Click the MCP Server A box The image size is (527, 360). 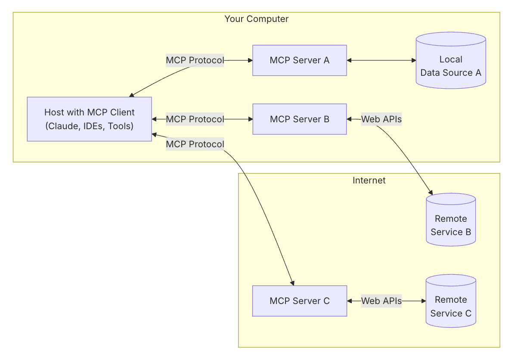[x=300, y=60]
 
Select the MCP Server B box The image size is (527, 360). [x=300, y=119]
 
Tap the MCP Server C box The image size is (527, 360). [x=300, y=301]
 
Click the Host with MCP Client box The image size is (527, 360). [x=90, y=119]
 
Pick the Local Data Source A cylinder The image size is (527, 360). [x=451, y=60]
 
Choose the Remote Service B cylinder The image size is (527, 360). [x=451, y=220]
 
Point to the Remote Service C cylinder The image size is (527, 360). [x=451, y=301]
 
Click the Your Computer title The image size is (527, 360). [x=257, y=19]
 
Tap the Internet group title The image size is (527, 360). [x=369, y=180]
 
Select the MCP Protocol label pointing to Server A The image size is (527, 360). [x=195, y=60]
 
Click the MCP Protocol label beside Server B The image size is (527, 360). [x=195, y=119]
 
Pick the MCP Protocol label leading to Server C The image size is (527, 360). [x=195, y=144]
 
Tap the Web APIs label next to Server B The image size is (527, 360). [x=381, y=119]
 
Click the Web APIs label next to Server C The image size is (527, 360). [x=381, y=301]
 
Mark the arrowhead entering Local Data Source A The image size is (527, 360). [x=414, y=60]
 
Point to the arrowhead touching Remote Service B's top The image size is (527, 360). [x=430, y=192]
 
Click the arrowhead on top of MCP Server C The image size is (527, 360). [x=292, y=283]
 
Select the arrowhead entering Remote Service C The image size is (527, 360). [x=424, y=301]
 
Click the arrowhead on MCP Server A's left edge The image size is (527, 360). [x=250, y=60]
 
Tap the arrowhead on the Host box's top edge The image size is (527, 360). [x=131, y=95]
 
